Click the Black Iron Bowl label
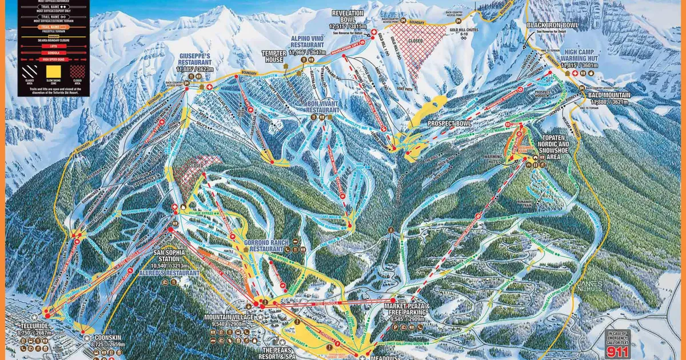pos(552,25)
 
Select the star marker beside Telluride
pos(34,316)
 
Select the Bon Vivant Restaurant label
pos(323,106)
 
